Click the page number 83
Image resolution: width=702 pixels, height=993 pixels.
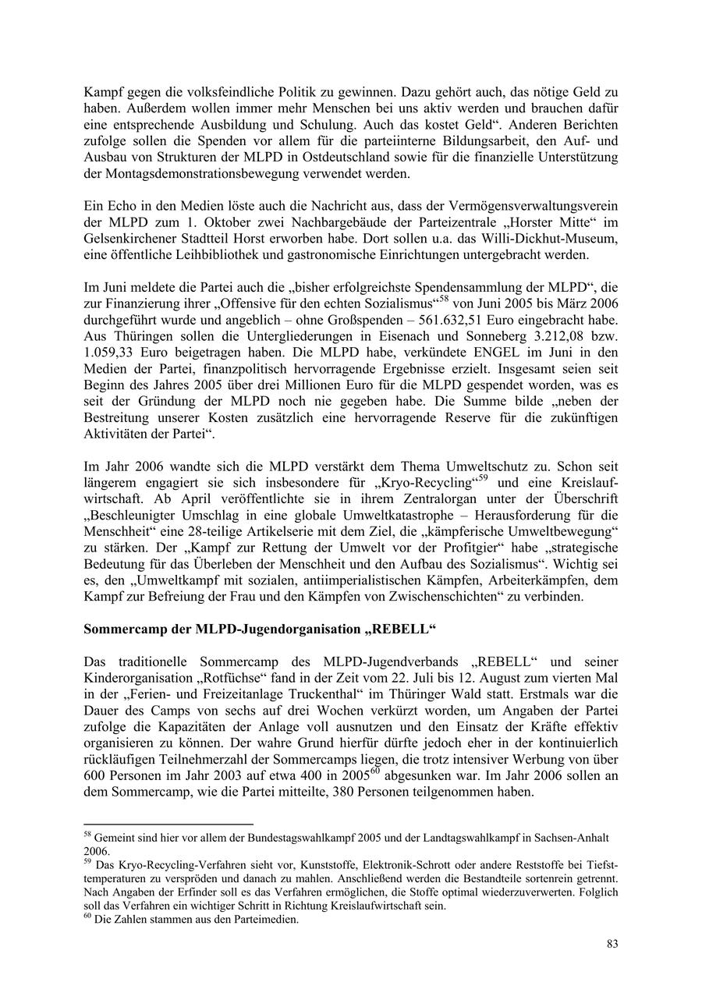[612, 945]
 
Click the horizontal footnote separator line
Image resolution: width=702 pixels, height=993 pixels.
[168, 824]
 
